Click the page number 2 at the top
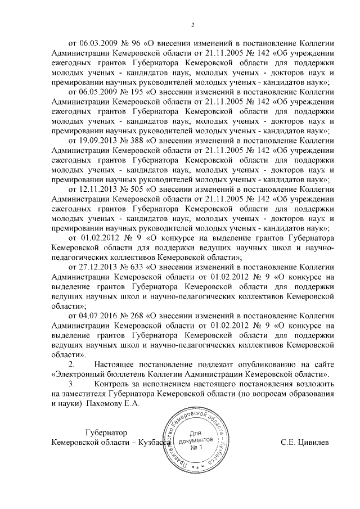tap(192, 25)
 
